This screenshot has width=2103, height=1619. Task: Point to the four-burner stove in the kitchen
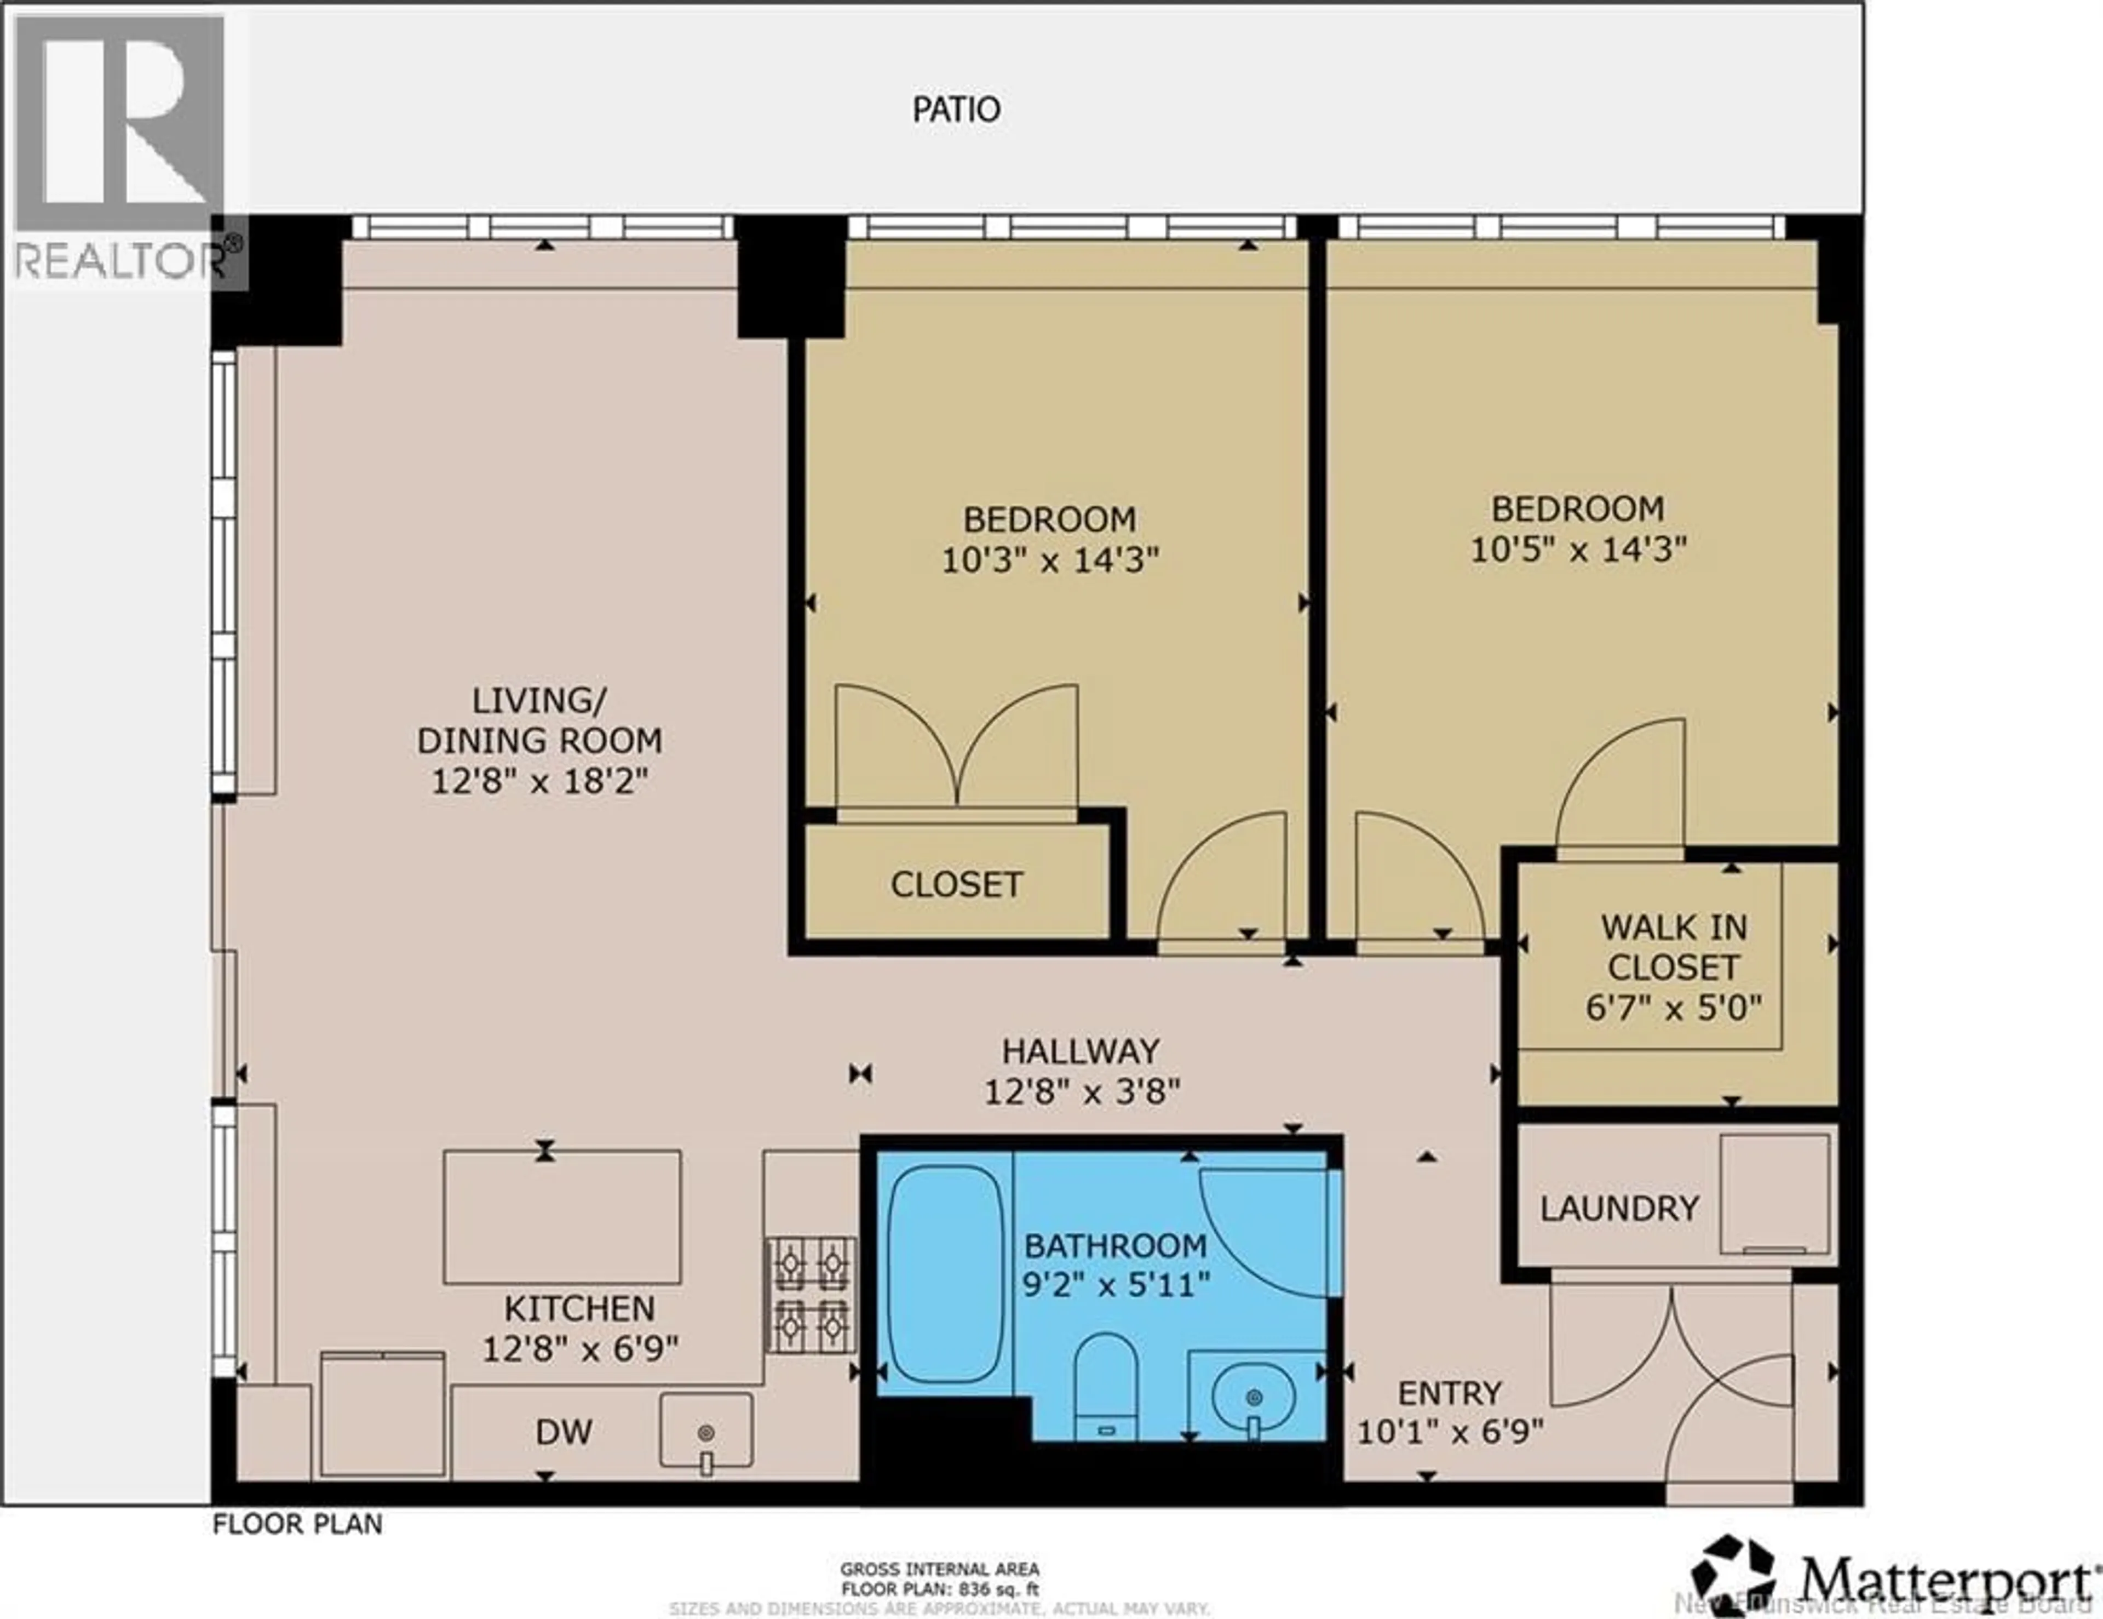(810, 1295)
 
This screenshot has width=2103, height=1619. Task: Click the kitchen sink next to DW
(706, 1429)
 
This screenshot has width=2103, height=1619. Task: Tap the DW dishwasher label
(564, 1432)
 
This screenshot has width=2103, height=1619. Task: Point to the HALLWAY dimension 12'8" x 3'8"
(1082, 1091)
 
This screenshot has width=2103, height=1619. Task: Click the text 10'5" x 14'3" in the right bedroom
(1578, 549)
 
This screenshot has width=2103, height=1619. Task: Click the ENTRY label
(1449, 1393)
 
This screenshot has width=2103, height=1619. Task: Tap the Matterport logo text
(1945, 1577)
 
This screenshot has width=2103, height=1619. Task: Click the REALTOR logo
(120, 149)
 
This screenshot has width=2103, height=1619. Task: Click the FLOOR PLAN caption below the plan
(297, 1524)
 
